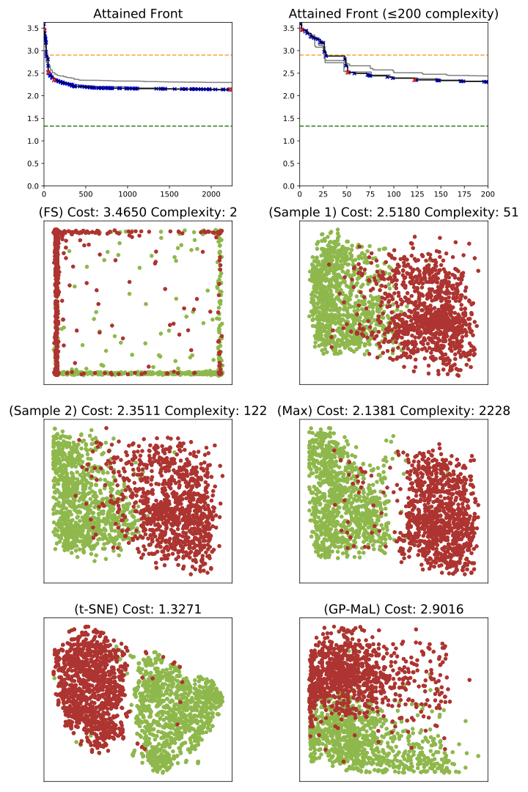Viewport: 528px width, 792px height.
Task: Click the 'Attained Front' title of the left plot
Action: (x=138, y=13)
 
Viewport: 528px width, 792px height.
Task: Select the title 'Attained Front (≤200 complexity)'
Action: (x=394, y=13)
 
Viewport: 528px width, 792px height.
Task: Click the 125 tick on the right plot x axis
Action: (x=417, y=195)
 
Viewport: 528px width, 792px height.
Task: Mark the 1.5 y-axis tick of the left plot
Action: (x=32, y=141)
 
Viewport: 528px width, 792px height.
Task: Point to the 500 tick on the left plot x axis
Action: (x=86, y=195)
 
